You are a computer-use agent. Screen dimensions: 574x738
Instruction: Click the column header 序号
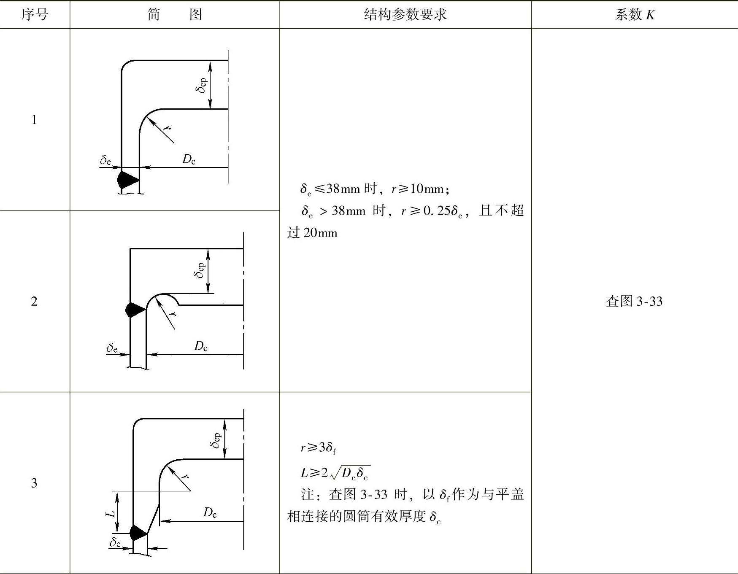tap(35, 15)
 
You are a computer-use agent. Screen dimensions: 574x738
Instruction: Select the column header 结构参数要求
tap(405, 15)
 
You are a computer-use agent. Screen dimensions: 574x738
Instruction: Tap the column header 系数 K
tap(635, 15)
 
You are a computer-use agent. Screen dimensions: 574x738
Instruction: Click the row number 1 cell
tap(34, 120)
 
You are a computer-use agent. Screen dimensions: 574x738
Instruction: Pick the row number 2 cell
tap(34, 301)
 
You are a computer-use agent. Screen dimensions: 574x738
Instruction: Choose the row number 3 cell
tap(34, 483)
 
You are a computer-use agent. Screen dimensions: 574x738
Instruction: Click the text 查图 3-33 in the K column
tap(634, 301)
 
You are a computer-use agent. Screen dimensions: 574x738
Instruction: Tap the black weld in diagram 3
tap(138, 533)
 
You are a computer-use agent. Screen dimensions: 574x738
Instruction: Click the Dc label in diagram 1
tap(189, 159)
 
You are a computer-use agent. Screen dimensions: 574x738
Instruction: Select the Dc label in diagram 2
tap(200, 346)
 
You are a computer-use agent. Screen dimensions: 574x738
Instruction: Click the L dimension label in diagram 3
tap(110, 513)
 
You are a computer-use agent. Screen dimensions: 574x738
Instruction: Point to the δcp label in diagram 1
tap(202, 85)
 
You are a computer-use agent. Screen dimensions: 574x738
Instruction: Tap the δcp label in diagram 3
tap(215, 440)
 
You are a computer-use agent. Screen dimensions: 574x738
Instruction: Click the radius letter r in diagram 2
tap(172, 313)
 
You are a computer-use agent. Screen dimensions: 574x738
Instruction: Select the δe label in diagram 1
tap(105, 160)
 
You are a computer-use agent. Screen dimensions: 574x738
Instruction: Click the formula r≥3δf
tap(318, 448)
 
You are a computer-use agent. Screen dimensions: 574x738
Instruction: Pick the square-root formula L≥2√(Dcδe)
tap(335, 472)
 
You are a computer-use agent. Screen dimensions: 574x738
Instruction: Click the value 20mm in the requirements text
tap(320, 233)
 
